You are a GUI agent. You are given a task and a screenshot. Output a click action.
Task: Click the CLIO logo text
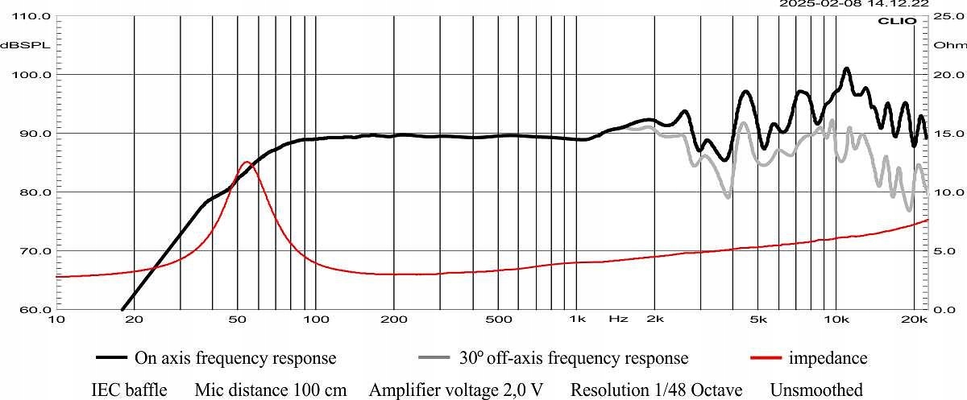tap(902, 22)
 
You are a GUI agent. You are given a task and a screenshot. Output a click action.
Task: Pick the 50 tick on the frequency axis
tap(237, 320)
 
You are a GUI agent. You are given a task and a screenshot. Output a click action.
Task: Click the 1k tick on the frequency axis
tap(576, 320)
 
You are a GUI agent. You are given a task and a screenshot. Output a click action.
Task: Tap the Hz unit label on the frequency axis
tap(618, 320)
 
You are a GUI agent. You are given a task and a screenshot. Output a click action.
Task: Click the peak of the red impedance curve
tap(247, 163)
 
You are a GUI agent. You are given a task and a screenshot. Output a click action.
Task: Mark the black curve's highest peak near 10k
tap(846, 69)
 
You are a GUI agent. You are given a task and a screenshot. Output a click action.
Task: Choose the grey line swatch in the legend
tap(435, 357)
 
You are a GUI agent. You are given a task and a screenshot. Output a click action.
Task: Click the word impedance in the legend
tap(828, 357)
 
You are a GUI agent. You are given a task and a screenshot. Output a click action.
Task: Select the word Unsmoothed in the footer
tap(816, 390)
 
